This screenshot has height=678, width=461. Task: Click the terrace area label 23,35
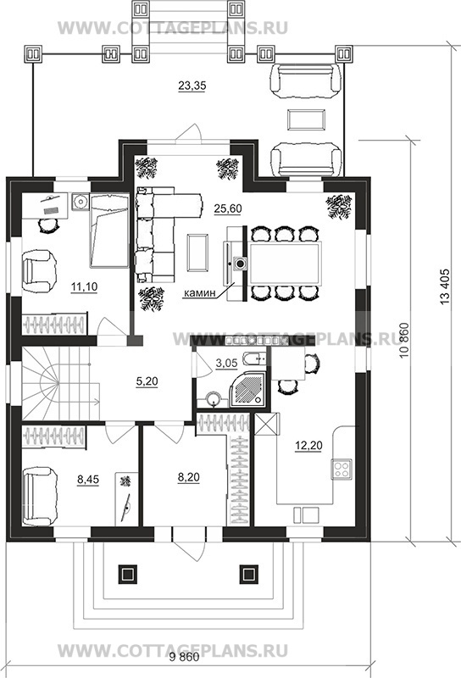(x=192, y=86)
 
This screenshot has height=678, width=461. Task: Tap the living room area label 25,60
(x=227, y=208)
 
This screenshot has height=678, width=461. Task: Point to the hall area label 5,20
(x=147, y=381)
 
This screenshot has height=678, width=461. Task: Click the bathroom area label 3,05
(x=226, y=364)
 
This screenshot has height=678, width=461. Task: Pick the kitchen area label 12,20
(x=308, y=445)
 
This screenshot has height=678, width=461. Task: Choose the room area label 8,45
(x=88, y=479)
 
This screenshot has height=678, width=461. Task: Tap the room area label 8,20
(x=188, y=477)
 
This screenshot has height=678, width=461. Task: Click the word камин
(x=199, y=293)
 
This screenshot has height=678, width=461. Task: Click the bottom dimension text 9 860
(x=184, y=659)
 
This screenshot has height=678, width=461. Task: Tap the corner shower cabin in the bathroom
(x=248, y=390)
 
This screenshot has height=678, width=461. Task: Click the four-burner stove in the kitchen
(x=342, y=469)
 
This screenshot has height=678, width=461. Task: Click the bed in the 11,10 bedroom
(x=108, y=231)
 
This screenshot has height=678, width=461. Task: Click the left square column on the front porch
(x=127, y=574)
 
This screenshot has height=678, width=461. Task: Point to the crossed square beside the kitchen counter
(x=268, y=425)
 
